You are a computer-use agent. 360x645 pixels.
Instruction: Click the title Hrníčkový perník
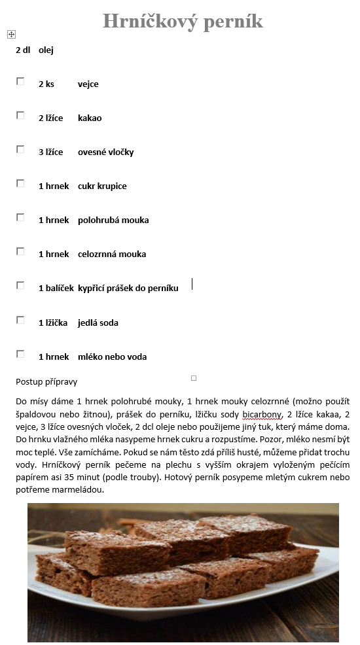click(x=183, y=21)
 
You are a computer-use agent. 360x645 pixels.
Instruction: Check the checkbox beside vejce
click(x=20, y=81)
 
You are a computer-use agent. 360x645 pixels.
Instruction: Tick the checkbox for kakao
click(x=20, y=115)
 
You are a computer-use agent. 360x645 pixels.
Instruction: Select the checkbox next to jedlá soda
click(x=20, y=320)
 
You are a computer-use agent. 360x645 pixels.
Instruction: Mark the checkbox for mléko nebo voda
click(x=20, y=354)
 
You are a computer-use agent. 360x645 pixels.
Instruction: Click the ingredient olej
click(x=46, y=50)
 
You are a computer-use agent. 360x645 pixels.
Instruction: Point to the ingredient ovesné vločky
click(x=105, y=152)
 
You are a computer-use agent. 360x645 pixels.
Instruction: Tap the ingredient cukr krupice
click(x=102, y=186)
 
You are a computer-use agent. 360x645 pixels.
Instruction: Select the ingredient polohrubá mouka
click(x=113, y=220)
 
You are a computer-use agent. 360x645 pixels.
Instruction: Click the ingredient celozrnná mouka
click(x=111, y=254)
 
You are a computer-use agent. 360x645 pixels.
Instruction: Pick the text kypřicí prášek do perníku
click(x=128, y=288)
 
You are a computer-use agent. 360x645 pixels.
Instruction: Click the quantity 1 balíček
click(x=56, y=288)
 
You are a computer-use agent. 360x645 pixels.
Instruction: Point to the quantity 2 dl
click(x=23, y=50)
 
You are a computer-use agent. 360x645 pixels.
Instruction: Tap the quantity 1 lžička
click(x=53, y=322)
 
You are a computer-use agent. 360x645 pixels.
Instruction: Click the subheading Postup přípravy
click(x=46, y=381)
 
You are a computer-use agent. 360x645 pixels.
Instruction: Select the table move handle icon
click(x=11, y=34)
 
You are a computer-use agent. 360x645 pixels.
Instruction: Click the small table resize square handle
click(x=194, y=378)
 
